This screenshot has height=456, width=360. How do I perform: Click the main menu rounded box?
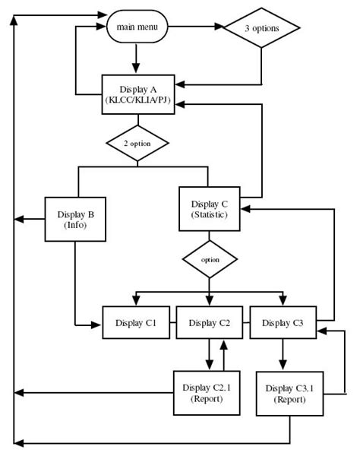click(x=137, y=27)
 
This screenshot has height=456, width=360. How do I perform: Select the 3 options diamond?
click(x=261, y=29)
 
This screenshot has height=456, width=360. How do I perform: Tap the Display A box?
click(x=137, y=95)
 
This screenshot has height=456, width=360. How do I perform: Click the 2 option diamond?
click(x=137, y=142)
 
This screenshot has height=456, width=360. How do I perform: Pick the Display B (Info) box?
click(x=74, y=220)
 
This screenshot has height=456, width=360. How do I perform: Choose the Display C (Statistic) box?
click(x=209, y=209)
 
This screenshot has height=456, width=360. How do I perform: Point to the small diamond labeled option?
click(x=209, y=259)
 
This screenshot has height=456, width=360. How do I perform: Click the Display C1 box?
click(x=136, y=323)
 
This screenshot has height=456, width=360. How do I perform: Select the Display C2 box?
click(x=210, y=323)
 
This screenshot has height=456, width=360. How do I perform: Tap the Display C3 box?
click(x=283, y=323)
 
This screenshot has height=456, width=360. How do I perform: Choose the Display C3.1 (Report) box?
click(x=285, y=394)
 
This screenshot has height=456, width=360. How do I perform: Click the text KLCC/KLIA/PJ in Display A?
click(x=137, y=101)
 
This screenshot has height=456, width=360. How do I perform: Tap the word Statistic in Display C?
click(x=209, y=216)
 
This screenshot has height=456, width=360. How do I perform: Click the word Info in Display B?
click(x=74, y=226)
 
